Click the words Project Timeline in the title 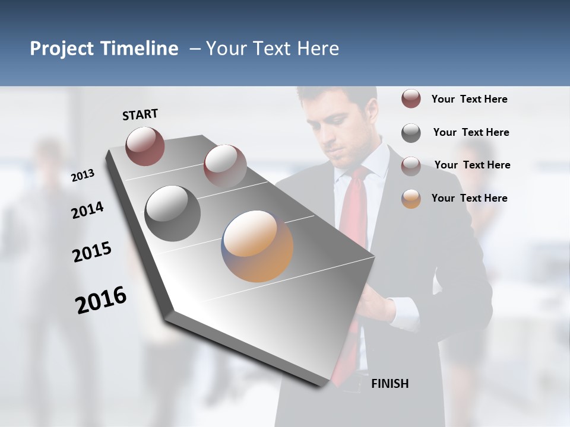point(104,49)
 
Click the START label point(140,114)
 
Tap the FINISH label point(389,384)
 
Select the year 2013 point(83,176)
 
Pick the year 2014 point(88,211)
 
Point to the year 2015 point(92,252)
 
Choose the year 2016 point(101,300)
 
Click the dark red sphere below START point(145,146)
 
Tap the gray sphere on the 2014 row point(172,213)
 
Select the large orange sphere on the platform point(257,246)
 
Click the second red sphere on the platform point(224,165)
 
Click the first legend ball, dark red point(411,99)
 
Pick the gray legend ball point(411,133)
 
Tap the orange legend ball point(411,199)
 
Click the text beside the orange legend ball point(469,198)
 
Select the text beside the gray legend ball point(471,132)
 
